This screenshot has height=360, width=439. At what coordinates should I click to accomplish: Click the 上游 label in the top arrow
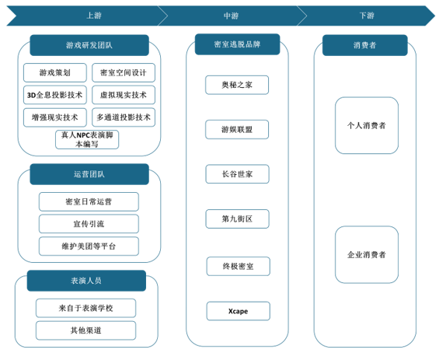pos(94,16)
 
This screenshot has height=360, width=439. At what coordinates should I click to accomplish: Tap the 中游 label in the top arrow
pos(231,16)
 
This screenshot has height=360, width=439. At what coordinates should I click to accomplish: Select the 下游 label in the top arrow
pos(367,16)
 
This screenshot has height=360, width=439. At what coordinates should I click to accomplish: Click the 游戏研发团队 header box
pos(89,45)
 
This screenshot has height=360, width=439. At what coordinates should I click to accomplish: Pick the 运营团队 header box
pos(89,174)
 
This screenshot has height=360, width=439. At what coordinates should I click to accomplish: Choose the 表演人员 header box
pos(86,281)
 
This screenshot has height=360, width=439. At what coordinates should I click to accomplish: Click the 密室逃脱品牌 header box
pos(238,44)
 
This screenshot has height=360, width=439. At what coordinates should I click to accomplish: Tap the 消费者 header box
pos(365,45)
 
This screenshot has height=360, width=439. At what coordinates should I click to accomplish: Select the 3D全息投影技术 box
pos(55,95)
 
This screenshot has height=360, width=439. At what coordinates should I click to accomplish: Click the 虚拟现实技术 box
pos(124,95)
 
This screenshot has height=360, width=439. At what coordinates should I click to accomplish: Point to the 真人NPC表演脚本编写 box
pos(87,139)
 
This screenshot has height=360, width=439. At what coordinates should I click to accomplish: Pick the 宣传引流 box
pos(89,224)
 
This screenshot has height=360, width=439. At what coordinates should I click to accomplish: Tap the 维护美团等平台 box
pos(89,246)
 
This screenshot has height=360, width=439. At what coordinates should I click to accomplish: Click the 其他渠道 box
pos(86,330)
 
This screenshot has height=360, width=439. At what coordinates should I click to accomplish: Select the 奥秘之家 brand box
pos(237,85)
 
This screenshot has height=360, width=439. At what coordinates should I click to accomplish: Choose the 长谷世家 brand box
pos(238,174)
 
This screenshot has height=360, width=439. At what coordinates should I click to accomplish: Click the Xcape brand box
pos(239,311)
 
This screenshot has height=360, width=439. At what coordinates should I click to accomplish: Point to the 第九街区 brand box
pos(238,218)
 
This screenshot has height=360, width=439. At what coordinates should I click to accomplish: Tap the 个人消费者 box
pos(367,125)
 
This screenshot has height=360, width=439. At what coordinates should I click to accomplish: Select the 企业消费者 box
pos(367,255)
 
